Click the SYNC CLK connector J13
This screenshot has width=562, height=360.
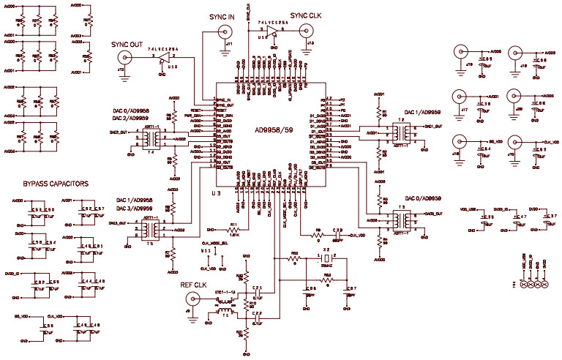[x=310, y=30]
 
